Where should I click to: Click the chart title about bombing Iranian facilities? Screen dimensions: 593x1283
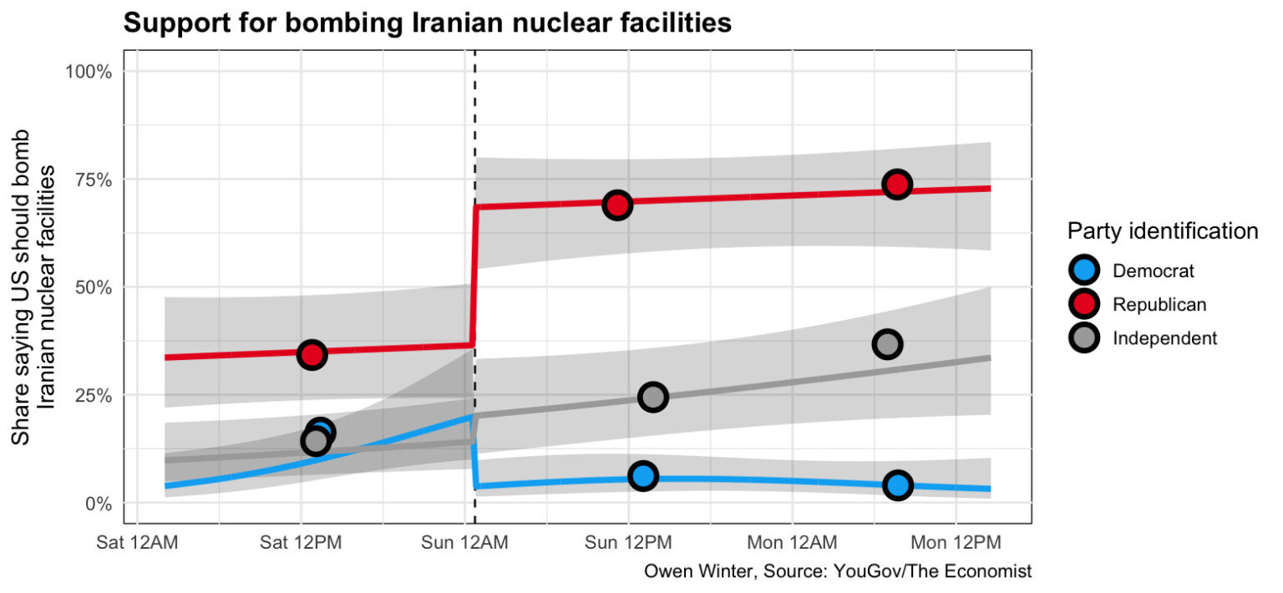(427, 23)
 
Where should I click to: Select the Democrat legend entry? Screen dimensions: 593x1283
(1154, 271)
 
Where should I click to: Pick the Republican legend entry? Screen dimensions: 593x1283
(1159, 305)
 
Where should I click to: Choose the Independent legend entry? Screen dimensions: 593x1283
(1164, 338)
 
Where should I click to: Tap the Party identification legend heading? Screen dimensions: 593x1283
(1162, 231)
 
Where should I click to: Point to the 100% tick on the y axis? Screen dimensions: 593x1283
(89, 71)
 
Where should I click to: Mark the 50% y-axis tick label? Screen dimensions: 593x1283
(94, 286)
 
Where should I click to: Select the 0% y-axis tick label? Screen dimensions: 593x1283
(98, 503)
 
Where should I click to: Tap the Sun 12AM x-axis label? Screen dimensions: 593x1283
(464, 543)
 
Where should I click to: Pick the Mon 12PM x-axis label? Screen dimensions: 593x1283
(956, 543)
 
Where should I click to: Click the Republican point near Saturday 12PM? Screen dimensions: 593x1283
(312, 354)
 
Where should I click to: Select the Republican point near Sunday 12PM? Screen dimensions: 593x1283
(617, 205)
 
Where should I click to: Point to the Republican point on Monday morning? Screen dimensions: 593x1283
(897, 185)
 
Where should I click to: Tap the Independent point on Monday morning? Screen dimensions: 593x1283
(887, 343)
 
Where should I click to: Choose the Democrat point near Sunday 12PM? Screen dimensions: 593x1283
(642, 476)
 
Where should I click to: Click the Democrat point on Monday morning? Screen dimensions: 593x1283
(898, 484)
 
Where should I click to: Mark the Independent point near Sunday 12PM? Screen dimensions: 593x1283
(653, 397)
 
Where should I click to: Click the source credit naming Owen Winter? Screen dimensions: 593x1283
(837, 572)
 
